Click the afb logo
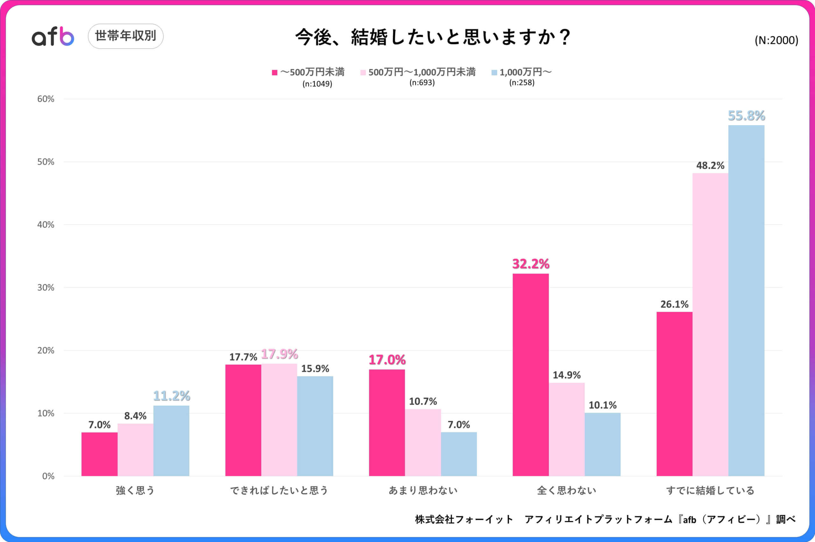point(53,37)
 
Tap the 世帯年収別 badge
point(125,36)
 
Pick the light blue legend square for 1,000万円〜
point(494,73)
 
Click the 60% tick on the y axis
point(46,99)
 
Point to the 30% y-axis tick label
point(46,288)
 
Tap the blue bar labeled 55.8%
point(746,301)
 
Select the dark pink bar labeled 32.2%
point(530,375)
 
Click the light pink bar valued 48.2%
point(710,325)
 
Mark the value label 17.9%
point(280,354)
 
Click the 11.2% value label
point(171,396)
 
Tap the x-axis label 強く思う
point(135,490)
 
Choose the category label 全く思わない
point(566,490)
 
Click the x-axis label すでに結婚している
point(710,490)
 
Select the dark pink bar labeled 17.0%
point(387,423)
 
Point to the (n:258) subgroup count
point(521,83)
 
